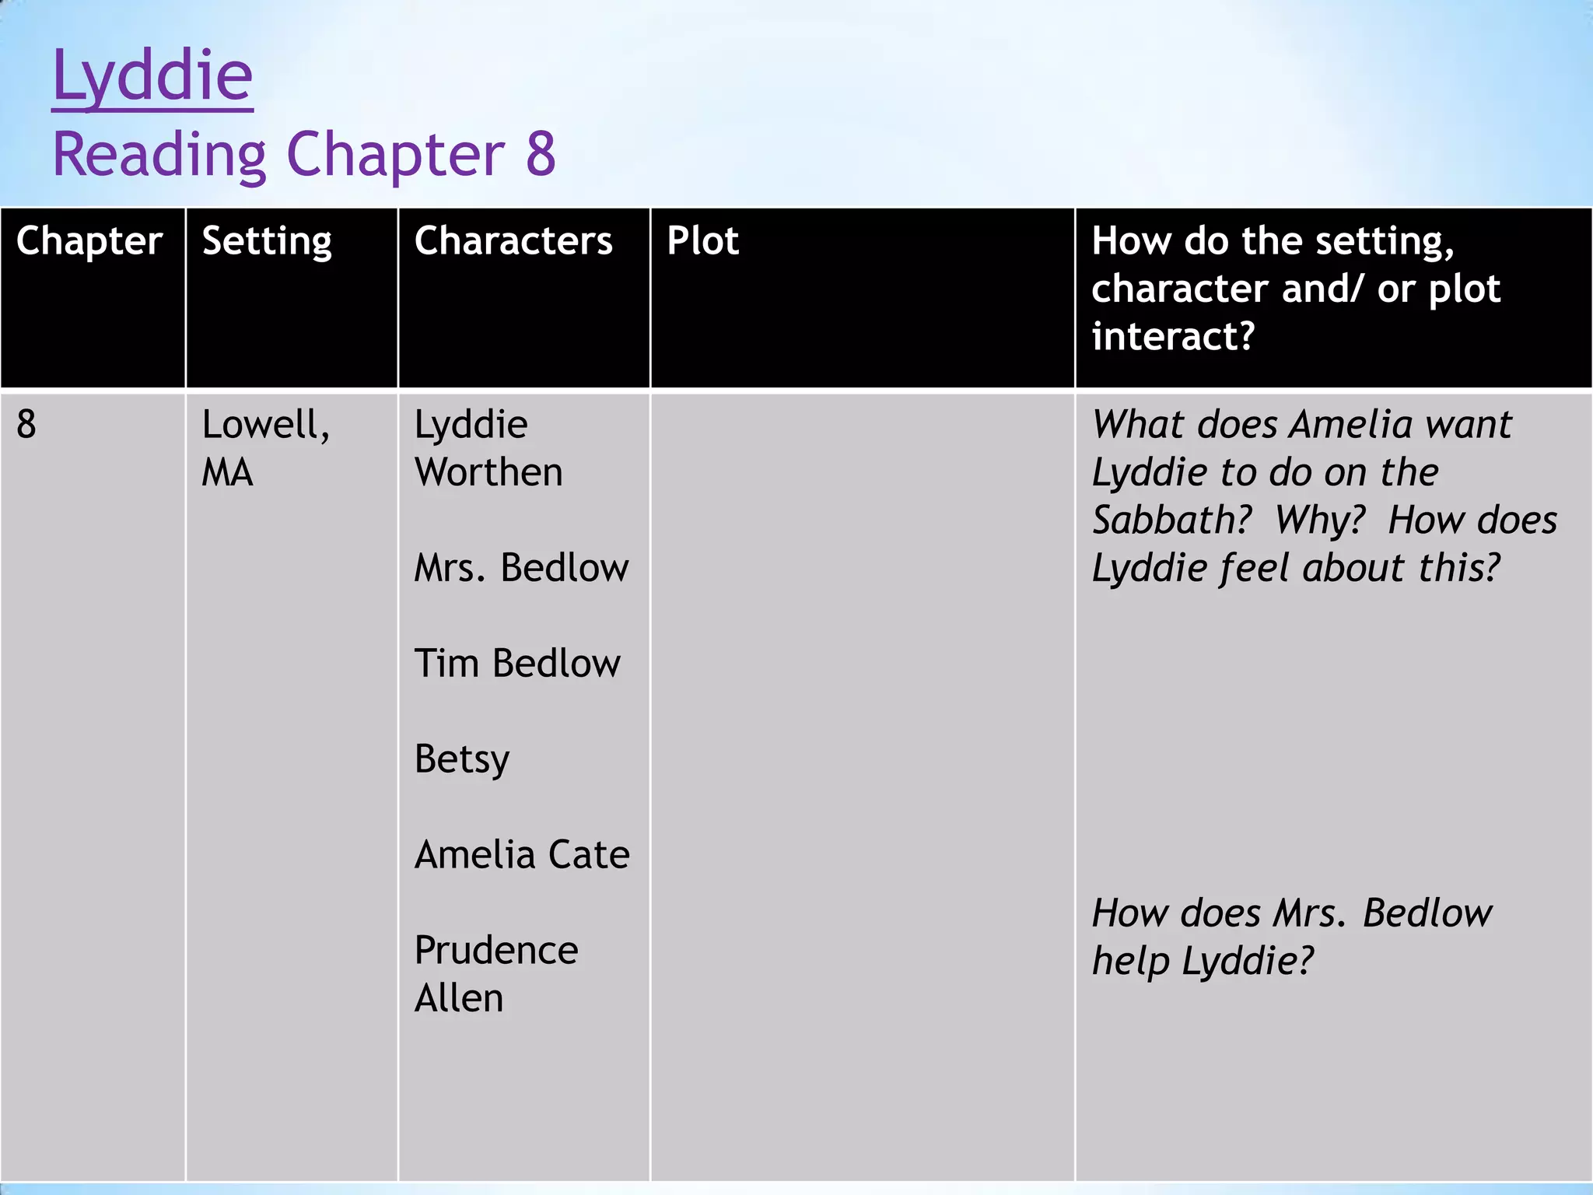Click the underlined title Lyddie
click(152, 76)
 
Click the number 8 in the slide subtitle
click(541, 154)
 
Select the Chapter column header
click(89, 241)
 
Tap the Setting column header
click(267, 241)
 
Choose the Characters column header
click(513, 241)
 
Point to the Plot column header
click(702, 241)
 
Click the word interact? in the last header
click(1173, 336)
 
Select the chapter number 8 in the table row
click(26, 425)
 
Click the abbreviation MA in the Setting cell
click(227, 473)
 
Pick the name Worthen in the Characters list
click(488, 472)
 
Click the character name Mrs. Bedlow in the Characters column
click(521, 568)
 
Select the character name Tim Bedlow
click(517, 664)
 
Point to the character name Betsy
click(462, 759)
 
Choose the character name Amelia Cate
click(522, 855)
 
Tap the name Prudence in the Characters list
click(496, 951)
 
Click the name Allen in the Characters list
click(459, 998)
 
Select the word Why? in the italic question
click(1320, 520)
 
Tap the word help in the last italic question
click(1131, 962)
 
